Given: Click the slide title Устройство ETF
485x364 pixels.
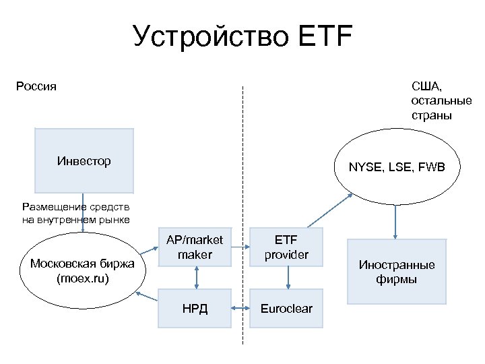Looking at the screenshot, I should (243, 37).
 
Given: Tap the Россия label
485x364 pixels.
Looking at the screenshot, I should (36, 86).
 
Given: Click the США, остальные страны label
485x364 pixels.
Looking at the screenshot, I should (441, 100).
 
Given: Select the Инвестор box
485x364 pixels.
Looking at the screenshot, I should (84, 162).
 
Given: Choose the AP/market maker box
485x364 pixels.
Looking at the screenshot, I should (195, 247).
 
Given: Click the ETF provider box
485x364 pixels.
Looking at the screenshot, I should (286, 247).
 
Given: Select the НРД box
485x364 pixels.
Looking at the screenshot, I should (195, 308).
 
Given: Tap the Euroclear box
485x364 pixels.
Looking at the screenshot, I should (286, 308).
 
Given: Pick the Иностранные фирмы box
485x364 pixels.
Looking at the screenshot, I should (397, 272).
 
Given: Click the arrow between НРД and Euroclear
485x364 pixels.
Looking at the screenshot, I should (240, 308).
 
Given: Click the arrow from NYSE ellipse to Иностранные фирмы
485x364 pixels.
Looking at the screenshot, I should (395, 221).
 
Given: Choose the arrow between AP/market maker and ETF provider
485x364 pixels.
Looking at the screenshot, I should (240, 247).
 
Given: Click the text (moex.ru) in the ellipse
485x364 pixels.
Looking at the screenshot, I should (82, 277).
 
